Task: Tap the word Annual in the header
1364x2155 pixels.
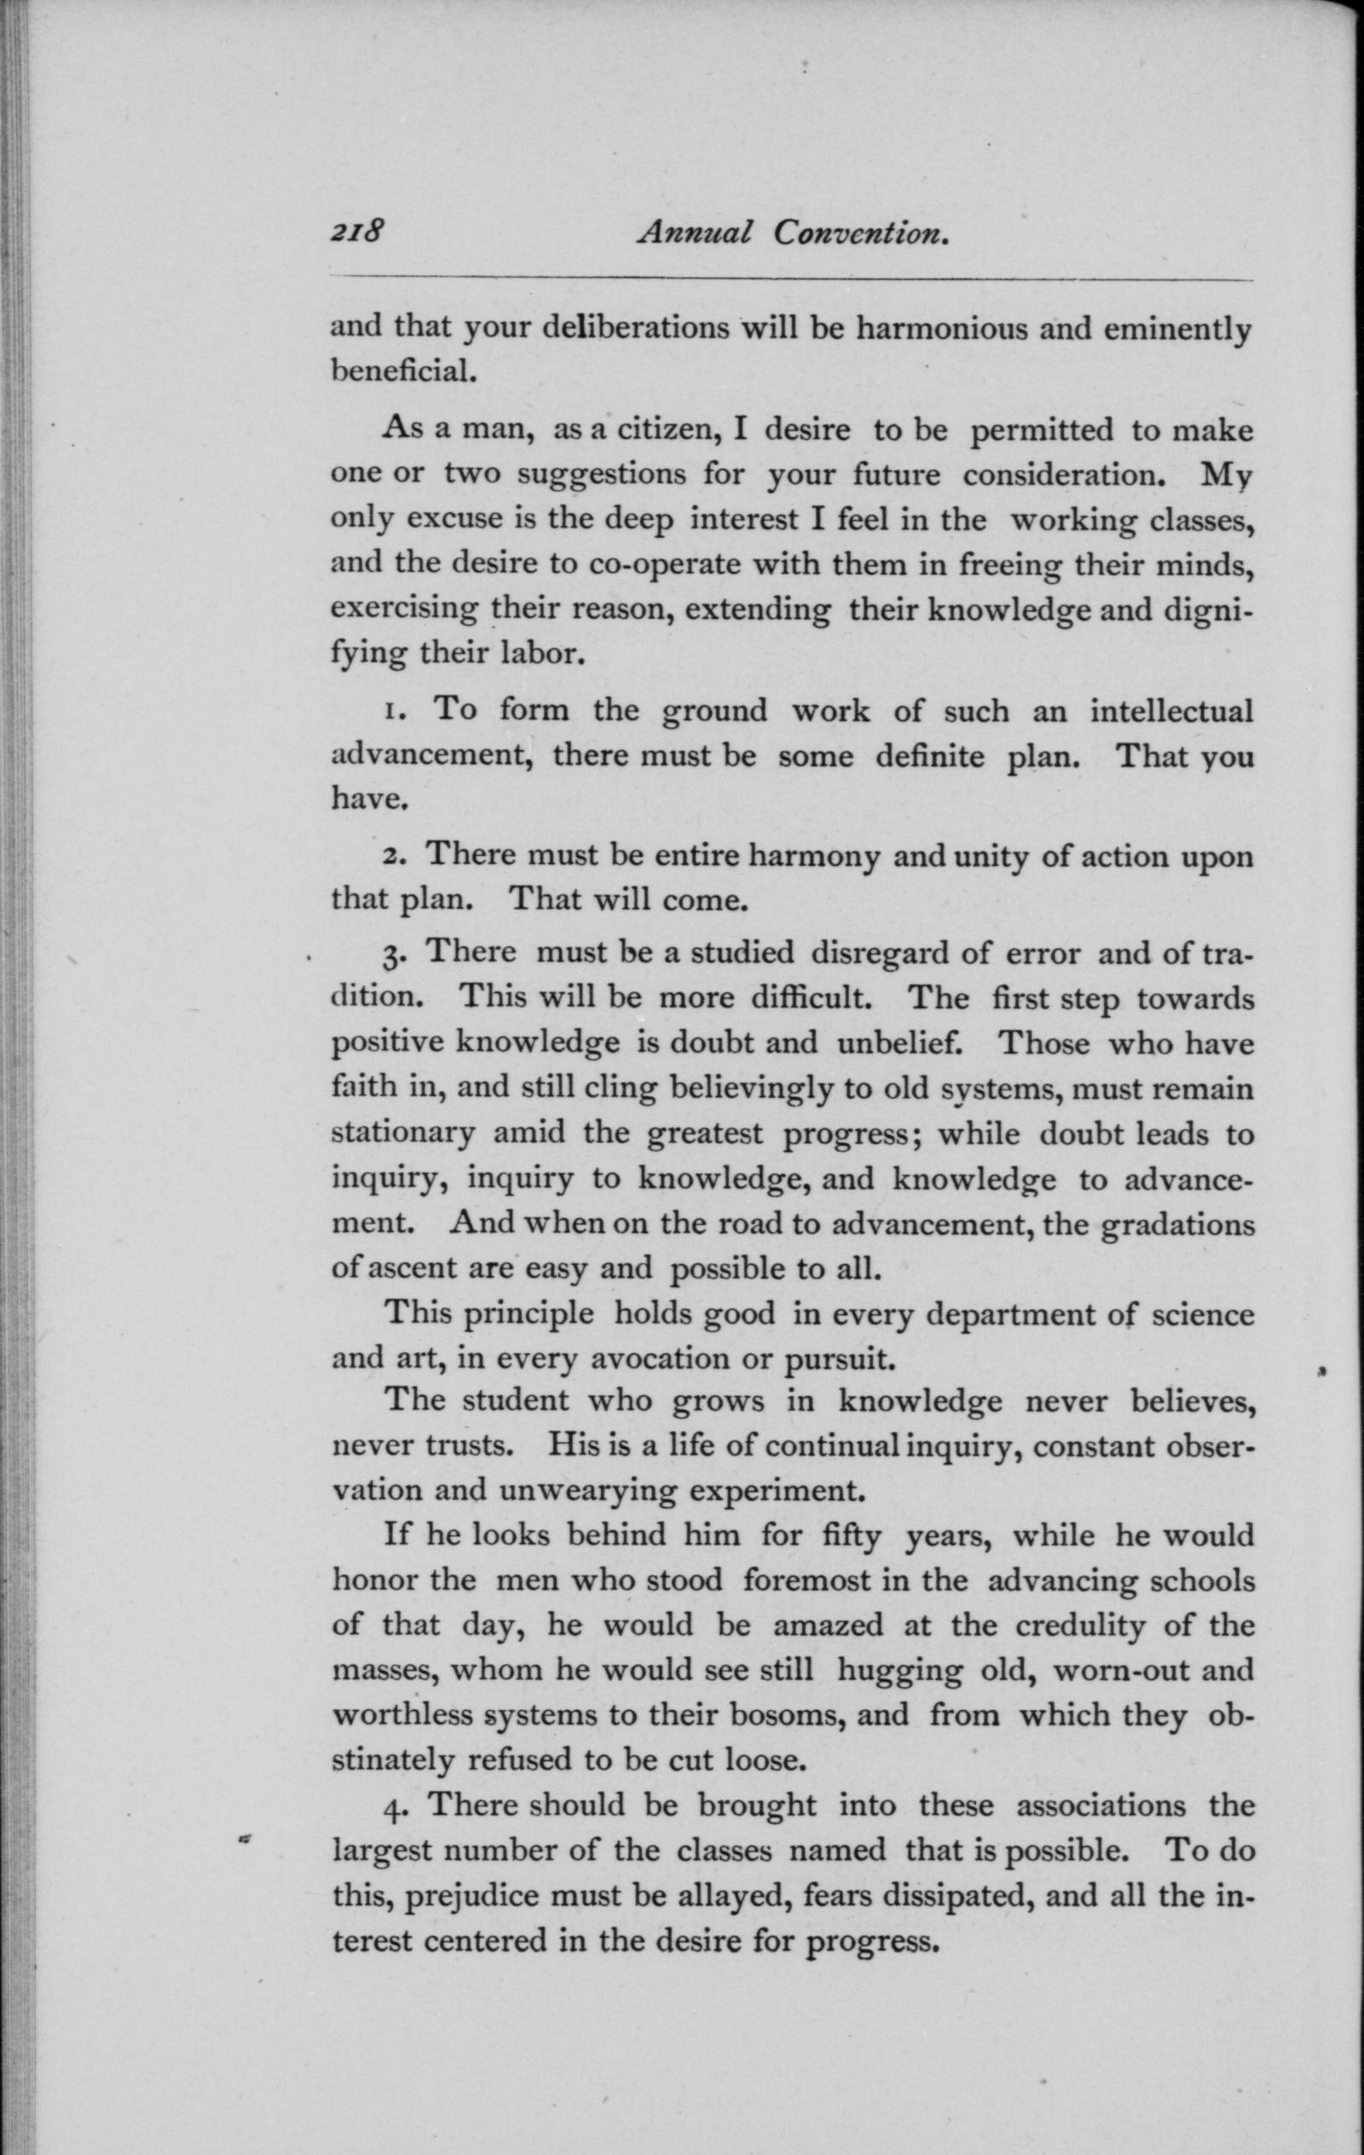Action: point(695,234)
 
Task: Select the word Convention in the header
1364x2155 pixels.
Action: point(860,234)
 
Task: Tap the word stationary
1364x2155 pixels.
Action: point(402,1133)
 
